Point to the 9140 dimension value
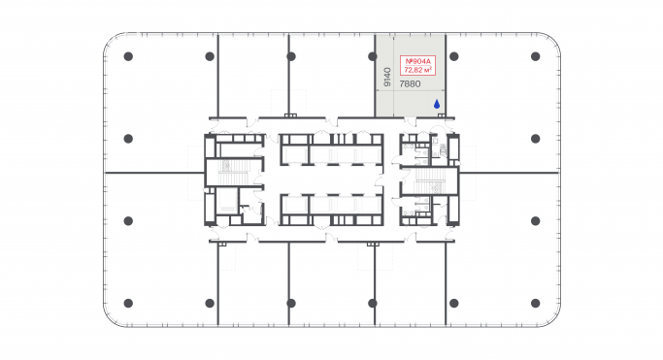[x=387, y=77]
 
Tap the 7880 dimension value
[x=411, y=84]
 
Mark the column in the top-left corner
[x=128, y=56]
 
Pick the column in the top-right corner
[x=535, y=56]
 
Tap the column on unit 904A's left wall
[x=375, y=56]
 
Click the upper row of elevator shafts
[x=331, y=151]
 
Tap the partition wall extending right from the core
[x=510, y=173]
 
